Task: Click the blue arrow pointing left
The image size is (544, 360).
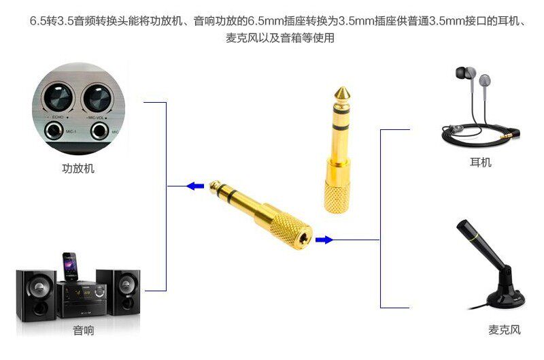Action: tap(195, 186)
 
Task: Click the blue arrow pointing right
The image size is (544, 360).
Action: tap(324, 240)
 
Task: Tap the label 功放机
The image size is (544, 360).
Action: tap(78, 169)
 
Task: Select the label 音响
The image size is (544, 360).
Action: tap(83, 330)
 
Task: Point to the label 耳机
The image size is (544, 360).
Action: tap(481, 162)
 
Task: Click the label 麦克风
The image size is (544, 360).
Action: tap(505, 329)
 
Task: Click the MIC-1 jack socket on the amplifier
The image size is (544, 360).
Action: tap(54, 132)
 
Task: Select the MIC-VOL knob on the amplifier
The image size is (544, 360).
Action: tap(97, 97)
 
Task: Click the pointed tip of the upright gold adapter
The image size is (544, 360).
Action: tap(342, 88)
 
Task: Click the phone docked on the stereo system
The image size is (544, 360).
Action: tap(70, 266)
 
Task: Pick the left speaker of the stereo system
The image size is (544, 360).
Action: tap(36, 295)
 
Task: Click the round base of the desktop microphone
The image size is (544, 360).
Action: tap(505, 299)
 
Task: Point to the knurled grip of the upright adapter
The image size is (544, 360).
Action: tap(337, 195)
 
